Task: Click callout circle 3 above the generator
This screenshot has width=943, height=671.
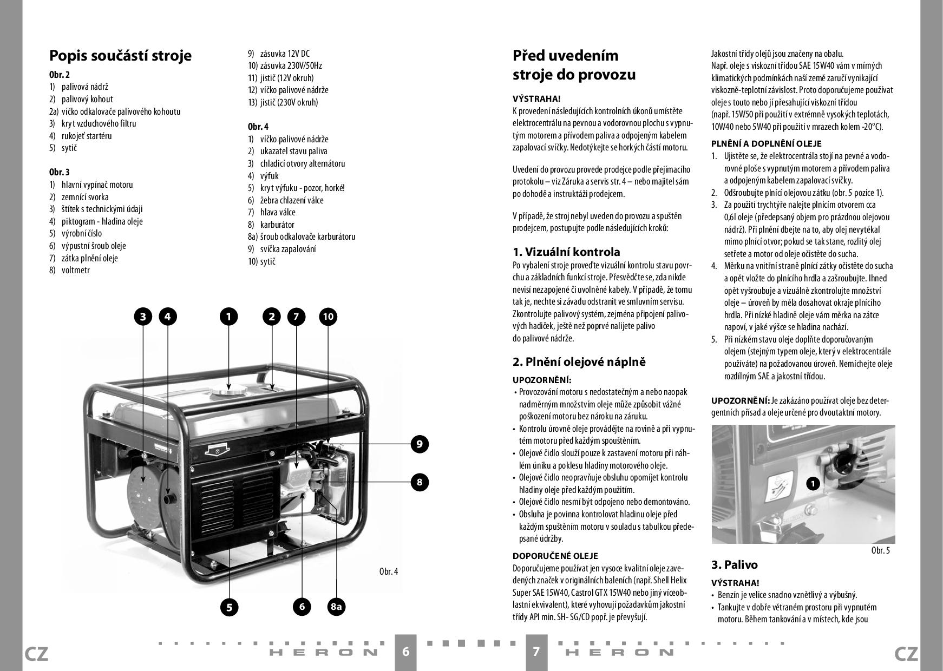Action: click(x=143, y=317)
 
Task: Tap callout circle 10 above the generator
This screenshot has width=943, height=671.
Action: click(x=328, y=317)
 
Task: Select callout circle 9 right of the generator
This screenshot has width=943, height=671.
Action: click(x=419, y=444)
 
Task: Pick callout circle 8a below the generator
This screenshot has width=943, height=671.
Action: click(x=336, y=607)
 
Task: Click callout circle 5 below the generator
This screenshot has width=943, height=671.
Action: click(x=229, y=607)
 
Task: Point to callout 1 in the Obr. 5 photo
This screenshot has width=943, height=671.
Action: click(x=813, y=483)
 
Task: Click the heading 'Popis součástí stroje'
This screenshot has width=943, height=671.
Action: click(x=120, y=56)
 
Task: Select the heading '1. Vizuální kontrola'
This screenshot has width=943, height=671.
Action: click(x=566, y=252)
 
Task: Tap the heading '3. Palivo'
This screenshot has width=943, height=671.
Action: click(x=734, y=565)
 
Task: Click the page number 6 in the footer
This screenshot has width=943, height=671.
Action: click(x=406, y=652)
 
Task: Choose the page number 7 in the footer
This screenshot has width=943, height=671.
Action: click(x=536, y=652)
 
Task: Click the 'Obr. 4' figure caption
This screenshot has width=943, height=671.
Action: click(x=389, y=571)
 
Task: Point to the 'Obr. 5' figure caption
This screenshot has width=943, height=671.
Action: click(x=881, y=550)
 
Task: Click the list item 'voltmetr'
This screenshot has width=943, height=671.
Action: click(x=76, y=270)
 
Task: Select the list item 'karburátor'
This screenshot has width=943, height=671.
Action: click(x=277, y=225)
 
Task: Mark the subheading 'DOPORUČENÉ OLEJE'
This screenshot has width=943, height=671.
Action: click(x=555, y=556)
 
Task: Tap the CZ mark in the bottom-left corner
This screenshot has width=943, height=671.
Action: click(x=36, y=654)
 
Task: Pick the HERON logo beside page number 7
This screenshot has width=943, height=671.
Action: click(x=620, y=652)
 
